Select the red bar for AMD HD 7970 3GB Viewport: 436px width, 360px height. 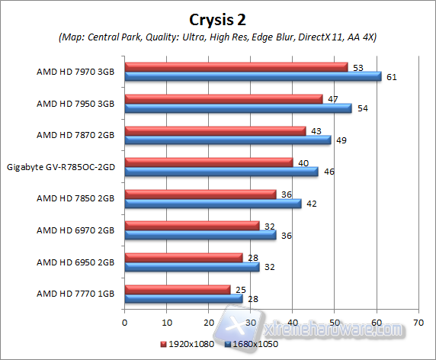[236, 67]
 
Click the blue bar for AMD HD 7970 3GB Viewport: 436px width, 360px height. [252, 76]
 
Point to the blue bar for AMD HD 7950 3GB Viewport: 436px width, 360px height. [238, 108]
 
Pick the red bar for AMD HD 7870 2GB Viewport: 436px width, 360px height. [215, 130]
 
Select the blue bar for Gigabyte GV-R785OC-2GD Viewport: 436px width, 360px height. [221, 172]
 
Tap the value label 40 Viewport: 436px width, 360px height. [304, 162]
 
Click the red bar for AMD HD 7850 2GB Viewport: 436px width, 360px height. [200, 194]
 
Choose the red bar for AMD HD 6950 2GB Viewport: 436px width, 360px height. [183, 257]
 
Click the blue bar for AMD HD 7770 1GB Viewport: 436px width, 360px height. [183, 298]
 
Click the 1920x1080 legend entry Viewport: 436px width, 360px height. [188, 344]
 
